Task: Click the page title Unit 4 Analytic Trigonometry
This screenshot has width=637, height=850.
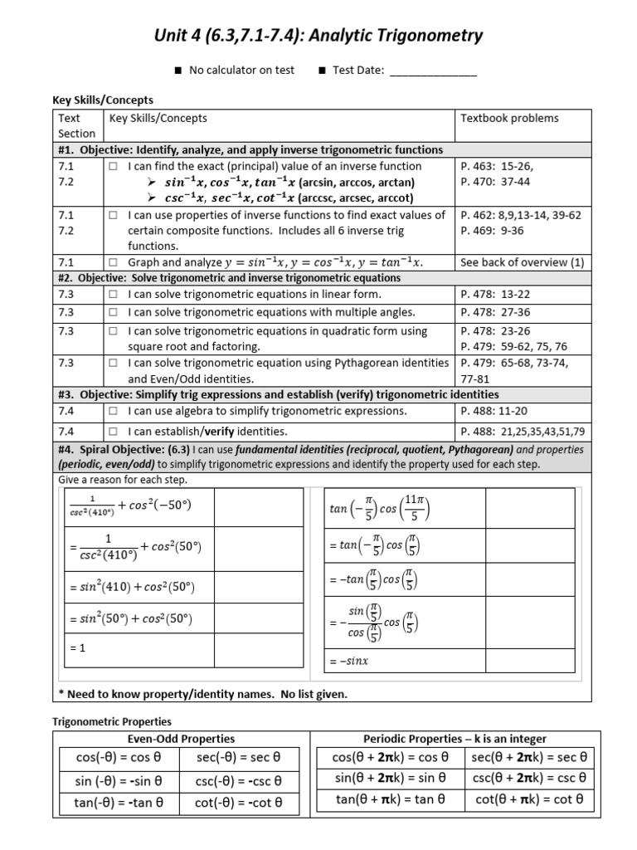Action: tap(318, 35)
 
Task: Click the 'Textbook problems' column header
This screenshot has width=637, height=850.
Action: tap(509, 119)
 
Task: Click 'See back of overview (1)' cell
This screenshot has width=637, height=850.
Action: tap(522, 262)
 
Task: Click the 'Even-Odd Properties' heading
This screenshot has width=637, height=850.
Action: tap(181, 738)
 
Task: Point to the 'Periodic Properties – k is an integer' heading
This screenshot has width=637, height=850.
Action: tap(455, 738)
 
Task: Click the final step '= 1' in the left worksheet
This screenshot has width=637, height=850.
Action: tap(76, 648)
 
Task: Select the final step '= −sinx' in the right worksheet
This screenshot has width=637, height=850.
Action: tap(348, 662)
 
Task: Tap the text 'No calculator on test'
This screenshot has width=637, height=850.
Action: tap(241, 71)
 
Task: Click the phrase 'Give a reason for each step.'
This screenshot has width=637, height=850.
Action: tap(123, 480)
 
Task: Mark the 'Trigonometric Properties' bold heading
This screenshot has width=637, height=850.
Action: tap(112, 722)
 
